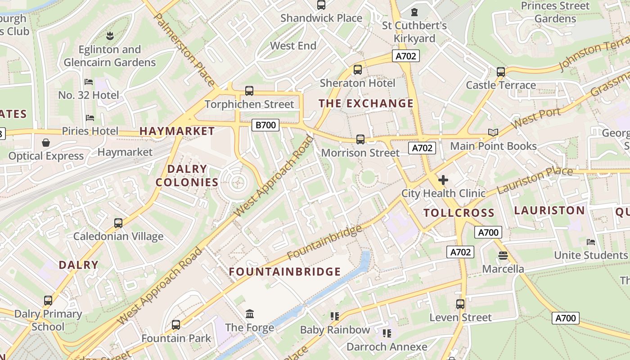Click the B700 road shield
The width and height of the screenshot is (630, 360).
[265, 125]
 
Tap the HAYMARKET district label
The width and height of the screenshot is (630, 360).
[177, 131]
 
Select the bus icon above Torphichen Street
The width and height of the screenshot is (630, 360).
[249, 91]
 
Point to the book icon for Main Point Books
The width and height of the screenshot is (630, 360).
[493, 132]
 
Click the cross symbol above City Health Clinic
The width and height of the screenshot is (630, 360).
[443, 180]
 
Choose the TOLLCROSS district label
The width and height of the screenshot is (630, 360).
[459, 213]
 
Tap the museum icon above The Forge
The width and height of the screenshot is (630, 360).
[250, 314]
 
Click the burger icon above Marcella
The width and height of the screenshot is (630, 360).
[503, 256]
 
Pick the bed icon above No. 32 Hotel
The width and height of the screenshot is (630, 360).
[89, 82]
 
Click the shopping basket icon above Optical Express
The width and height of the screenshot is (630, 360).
[46, 143]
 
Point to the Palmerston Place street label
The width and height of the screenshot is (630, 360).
[184, 49]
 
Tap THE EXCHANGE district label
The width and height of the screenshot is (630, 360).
[366, 103]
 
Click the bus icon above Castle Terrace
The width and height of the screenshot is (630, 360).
[501, 72]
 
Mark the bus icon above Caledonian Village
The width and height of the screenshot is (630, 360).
[118, 223]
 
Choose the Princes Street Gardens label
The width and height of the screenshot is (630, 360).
[555, 12]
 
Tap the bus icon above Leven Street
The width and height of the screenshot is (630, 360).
[460, 304]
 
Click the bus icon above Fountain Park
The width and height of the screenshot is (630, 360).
[176, 325]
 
